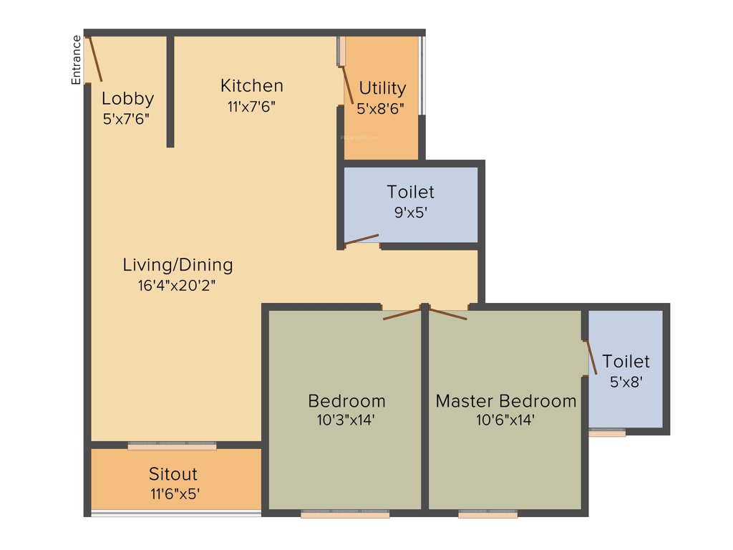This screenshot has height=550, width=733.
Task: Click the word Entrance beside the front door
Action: click(76, 59)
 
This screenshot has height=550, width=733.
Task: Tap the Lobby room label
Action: click(127, 99)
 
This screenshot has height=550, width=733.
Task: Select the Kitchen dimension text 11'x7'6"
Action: click(251, 106)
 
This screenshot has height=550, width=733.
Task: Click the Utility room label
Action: click(382, 88)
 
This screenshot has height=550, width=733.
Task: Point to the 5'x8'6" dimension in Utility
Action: click(381, 109)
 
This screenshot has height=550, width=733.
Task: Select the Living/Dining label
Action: click(178, 265)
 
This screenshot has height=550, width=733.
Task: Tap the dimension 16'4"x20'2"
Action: click(177, 285)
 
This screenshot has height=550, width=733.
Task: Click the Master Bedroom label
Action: click(505, 400)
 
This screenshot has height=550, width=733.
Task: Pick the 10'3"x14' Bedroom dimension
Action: click(346, 420)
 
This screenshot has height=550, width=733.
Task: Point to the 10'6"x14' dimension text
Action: click(505, 420)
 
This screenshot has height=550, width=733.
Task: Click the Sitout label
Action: click(173, 474)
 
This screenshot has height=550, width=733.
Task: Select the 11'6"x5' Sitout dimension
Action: click(173, 493)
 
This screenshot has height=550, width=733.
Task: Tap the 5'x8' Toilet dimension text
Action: click(626, 382)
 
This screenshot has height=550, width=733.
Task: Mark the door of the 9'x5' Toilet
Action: click(361, 239)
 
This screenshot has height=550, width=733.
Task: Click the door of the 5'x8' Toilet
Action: click(591, 356)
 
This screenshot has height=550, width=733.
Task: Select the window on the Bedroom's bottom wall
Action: click(345, 513)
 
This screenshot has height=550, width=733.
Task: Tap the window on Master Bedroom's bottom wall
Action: click(487, 513)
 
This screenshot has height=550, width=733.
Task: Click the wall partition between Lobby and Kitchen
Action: click(170, 91)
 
